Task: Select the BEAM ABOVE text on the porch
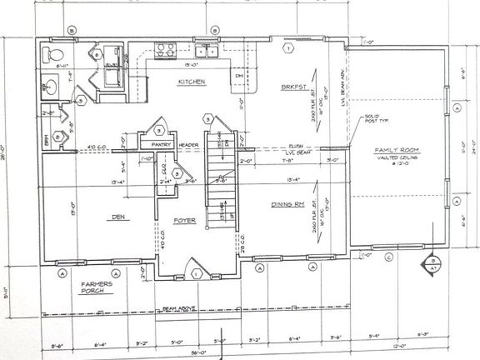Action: point(179,307)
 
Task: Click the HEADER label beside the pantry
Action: point(188,144)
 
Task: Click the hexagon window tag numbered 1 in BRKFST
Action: point(287,47)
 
